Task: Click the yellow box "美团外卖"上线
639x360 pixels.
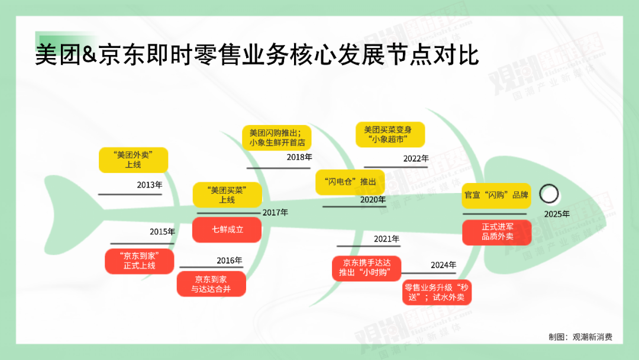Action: pos(133,160)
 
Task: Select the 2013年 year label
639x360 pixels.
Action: pos(149,185)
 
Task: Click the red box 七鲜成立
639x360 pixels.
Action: pos(227,229)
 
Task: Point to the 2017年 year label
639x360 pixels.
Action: pos(275,212)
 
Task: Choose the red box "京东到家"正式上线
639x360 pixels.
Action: pos(139,261)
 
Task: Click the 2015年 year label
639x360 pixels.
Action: pos(162,232)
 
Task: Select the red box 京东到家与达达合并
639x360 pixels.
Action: pos(211,284)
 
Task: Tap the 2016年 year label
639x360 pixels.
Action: pos(229,261)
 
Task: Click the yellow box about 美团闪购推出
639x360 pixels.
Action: pos(276,137)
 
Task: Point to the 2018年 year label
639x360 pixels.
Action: pos(299,157)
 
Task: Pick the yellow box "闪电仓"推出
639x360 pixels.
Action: pos(350,182)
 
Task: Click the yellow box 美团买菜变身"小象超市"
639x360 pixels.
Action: pos(390,134)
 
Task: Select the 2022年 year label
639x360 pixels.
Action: pos(416,159)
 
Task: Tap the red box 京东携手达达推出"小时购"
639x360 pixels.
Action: pos(366,268)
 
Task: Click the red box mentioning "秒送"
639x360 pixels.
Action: pos(437,292)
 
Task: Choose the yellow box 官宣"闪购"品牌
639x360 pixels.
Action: pos(496,195)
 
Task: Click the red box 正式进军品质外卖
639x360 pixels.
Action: pos(496,232)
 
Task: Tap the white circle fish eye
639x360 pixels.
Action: pos(550,194)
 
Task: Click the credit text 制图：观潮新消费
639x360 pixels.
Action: pos(580,337)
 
